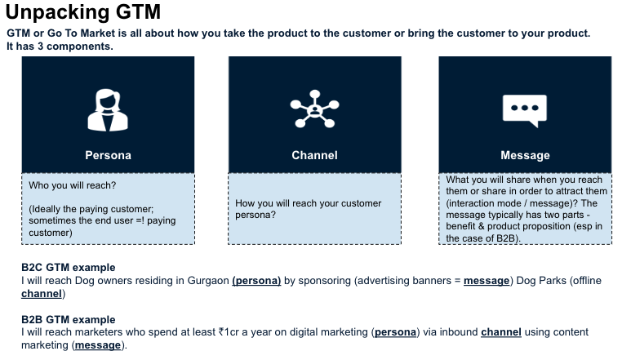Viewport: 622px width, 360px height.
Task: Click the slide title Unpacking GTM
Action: click(x=83, y=11)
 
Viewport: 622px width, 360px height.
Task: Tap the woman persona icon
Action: click(x=108, y=110)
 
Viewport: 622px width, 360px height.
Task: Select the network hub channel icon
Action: click(x=314, y=109)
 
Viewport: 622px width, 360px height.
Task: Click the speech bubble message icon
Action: click(x=525, y=111)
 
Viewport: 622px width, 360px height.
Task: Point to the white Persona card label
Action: click(x=108, y=155)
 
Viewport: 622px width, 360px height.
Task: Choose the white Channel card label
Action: click(x=314, y=155)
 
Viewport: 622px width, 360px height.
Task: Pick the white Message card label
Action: click(x=525, y=155)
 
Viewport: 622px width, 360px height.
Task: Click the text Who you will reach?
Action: click(x=72, y=185)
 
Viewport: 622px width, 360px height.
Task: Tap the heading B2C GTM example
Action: click(x=69, y=268)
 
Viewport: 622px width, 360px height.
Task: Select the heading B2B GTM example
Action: click(x=69, y=319)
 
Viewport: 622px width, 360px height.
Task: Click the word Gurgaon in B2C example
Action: click(x=208, y=281)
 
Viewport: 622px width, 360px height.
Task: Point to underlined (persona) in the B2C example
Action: click(x=256, y=281)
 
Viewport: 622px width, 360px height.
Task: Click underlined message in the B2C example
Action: click(x=486, y=281)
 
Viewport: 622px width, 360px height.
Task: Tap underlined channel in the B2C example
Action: click(x=42, y=294)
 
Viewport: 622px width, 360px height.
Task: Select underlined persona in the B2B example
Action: click(x=396, y=332)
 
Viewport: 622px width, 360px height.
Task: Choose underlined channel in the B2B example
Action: click(x=501, y=331)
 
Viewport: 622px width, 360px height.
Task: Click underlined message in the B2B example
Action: click(x=98, y=345)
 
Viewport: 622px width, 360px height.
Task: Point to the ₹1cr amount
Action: click(x=229, y=331)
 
